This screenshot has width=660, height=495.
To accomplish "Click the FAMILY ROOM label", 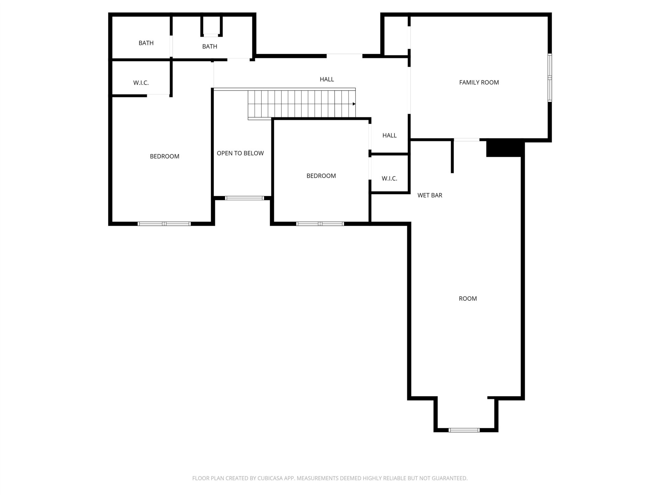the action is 479,82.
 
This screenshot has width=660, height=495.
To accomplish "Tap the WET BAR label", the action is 430,195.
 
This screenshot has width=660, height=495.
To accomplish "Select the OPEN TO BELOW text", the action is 240,153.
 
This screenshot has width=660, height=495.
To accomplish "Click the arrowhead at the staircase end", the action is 354,104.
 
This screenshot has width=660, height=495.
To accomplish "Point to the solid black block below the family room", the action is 505,148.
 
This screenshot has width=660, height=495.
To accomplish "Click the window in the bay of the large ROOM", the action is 464,430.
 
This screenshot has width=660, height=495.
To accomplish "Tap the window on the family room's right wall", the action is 550,78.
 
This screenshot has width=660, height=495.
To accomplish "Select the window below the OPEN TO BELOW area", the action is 244,198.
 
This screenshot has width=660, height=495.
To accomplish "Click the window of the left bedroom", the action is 164,224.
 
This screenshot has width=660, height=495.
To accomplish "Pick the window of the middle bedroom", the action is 320,224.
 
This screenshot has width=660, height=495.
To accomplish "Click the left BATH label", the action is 146,43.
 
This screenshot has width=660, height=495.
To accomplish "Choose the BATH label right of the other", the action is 210,46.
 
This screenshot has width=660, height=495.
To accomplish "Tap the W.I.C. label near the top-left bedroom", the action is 141,83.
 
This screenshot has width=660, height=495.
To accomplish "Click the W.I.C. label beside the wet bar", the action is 389,178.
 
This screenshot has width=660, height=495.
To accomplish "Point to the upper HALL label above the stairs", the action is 327,79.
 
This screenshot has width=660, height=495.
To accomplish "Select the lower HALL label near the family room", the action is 389,135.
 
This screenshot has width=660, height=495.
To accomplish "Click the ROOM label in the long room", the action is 468,299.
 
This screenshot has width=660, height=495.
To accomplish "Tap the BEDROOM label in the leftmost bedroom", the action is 165,156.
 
